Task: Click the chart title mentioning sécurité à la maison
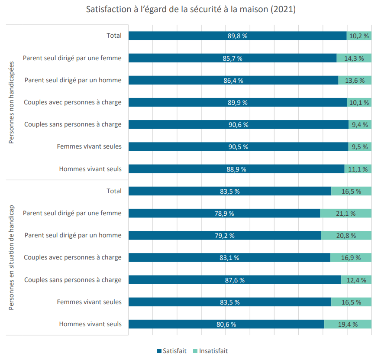click(191, 9)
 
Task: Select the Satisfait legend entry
click(172, 351)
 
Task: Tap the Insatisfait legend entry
click(210, 351)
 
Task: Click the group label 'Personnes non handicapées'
click(11, 102)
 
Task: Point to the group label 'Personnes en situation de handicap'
click(11, 257)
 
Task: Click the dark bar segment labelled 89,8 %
click(238, 36)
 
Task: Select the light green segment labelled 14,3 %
click(354, 58)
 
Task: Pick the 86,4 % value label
click(233, 81)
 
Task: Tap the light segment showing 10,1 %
click(359, 102)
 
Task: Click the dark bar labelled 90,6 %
click(239, 124)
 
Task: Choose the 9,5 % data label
click(360, 147)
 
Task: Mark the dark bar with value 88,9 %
click(237, 169)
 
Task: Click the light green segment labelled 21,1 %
click(346, 213)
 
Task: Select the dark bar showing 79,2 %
click(225, 235)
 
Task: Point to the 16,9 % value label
click(351, 258)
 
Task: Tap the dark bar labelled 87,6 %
click(235, 280)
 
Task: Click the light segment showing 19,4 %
click(348, 324)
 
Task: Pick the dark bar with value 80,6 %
click(226, 324)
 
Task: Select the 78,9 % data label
click(224, 214)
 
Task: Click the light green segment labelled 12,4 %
click(356, 280)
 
